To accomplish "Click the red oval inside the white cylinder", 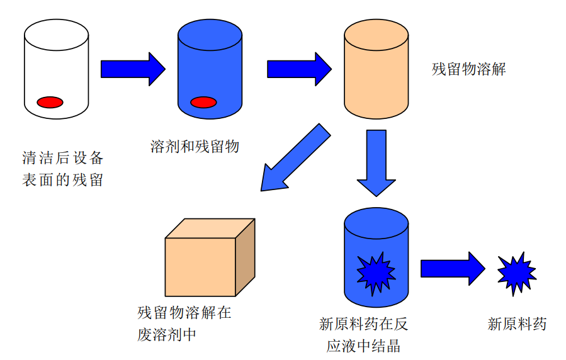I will pyautogui.click(x=50, y=101).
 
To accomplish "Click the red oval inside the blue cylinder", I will pyautogui.click(x=203, y=102).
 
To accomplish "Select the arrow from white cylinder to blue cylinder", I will pyautogui.click(x=132, y=69).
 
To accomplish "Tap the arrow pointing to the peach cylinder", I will pyautogui.click(x=299, y=69).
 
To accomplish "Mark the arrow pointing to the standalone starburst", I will pyautogui.click(x=452, y=268).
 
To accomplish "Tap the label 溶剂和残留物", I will pyautogui.click(x=195, y=147).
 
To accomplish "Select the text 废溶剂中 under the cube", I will pyautogui.click(x=166, y=334).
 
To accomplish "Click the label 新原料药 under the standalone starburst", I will pyautogui.click(x=516, y=325).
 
